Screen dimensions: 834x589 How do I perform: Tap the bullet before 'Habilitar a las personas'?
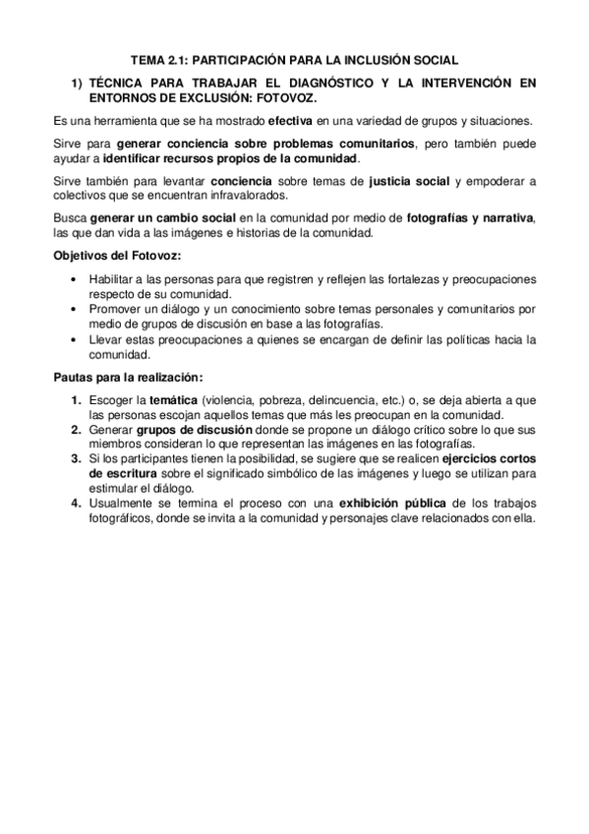click(76, 280)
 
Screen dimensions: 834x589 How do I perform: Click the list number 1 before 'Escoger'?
click(76, 400)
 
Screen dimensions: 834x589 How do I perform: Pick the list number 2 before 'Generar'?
click(76, 431)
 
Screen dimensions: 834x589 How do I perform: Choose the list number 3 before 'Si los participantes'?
click(76, 460)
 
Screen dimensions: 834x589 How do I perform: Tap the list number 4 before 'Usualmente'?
click(76, 506)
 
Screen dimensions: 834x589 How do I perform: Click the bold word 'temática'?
click(172, 400)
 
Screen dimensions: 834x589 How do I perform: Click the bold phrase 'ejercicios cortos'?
click(489, 460)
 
